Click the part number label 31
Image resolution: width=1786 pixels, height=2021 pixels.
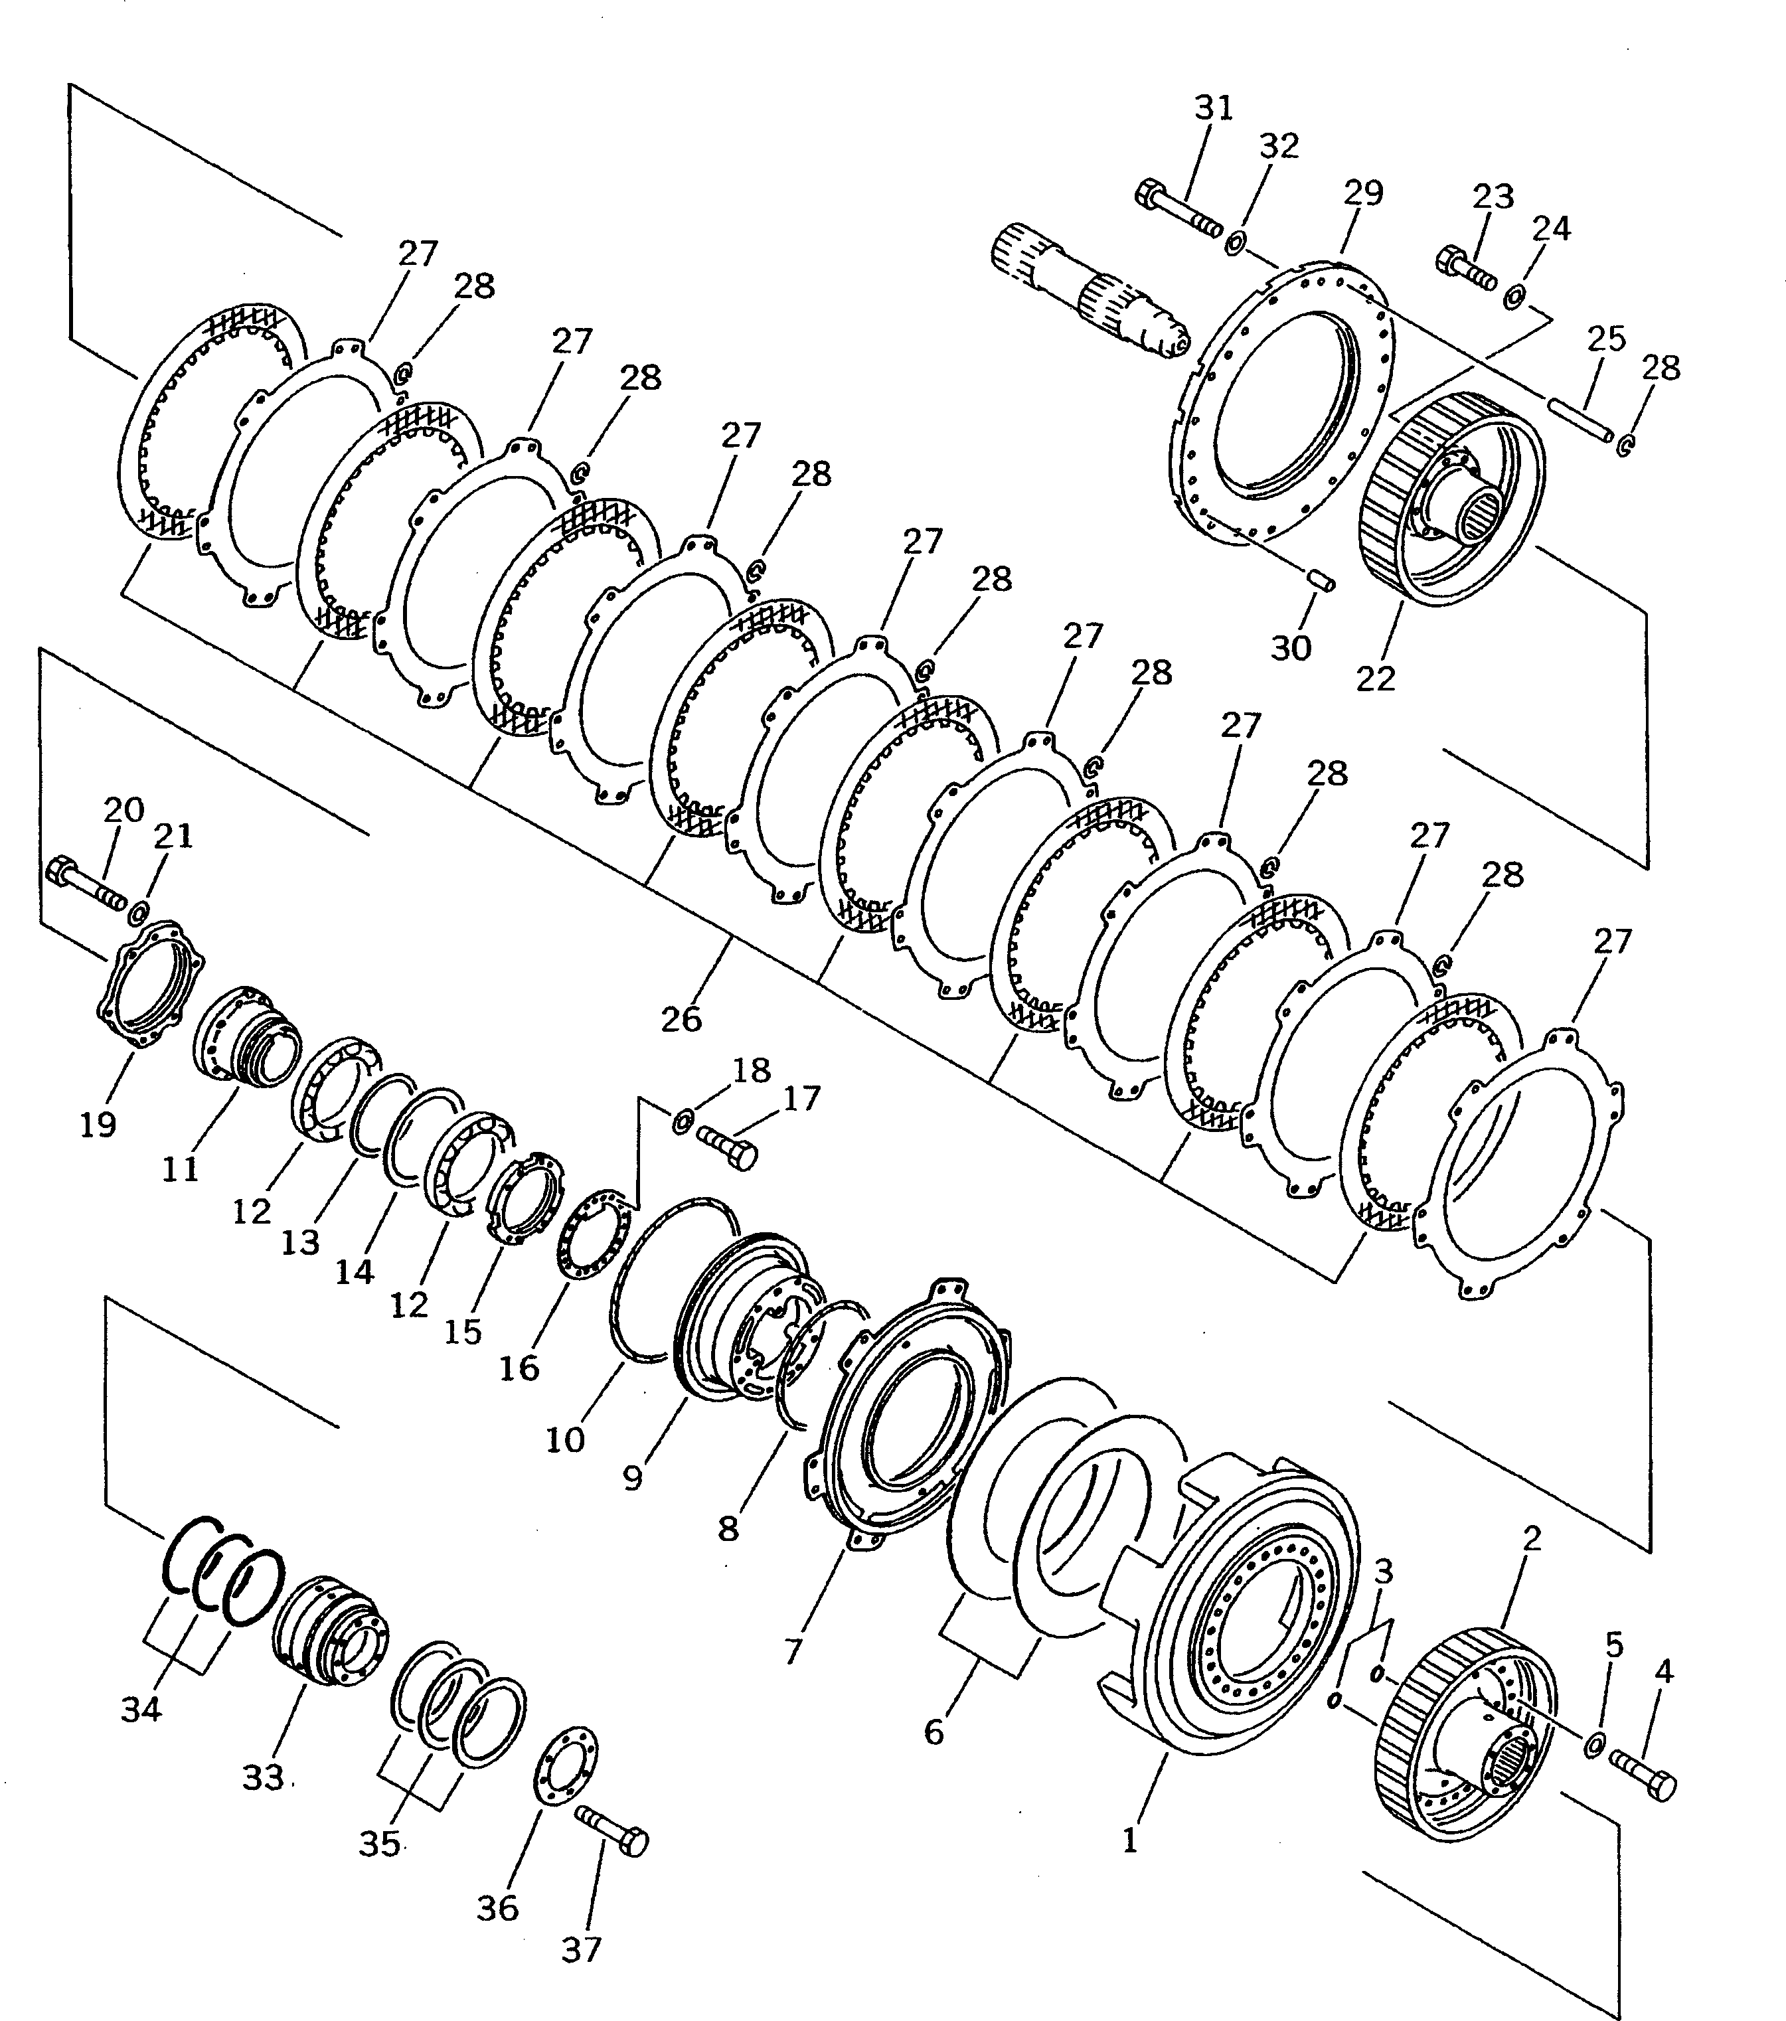click(1214, 107)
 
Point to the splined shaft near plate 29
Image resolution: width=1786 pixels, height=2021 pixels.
click(1088, 293)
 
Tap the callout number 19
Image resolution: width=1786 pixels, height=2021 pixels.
click(98, 1123)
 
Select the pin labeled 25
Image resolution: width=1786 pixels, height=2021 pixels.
click(1580, 419)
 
